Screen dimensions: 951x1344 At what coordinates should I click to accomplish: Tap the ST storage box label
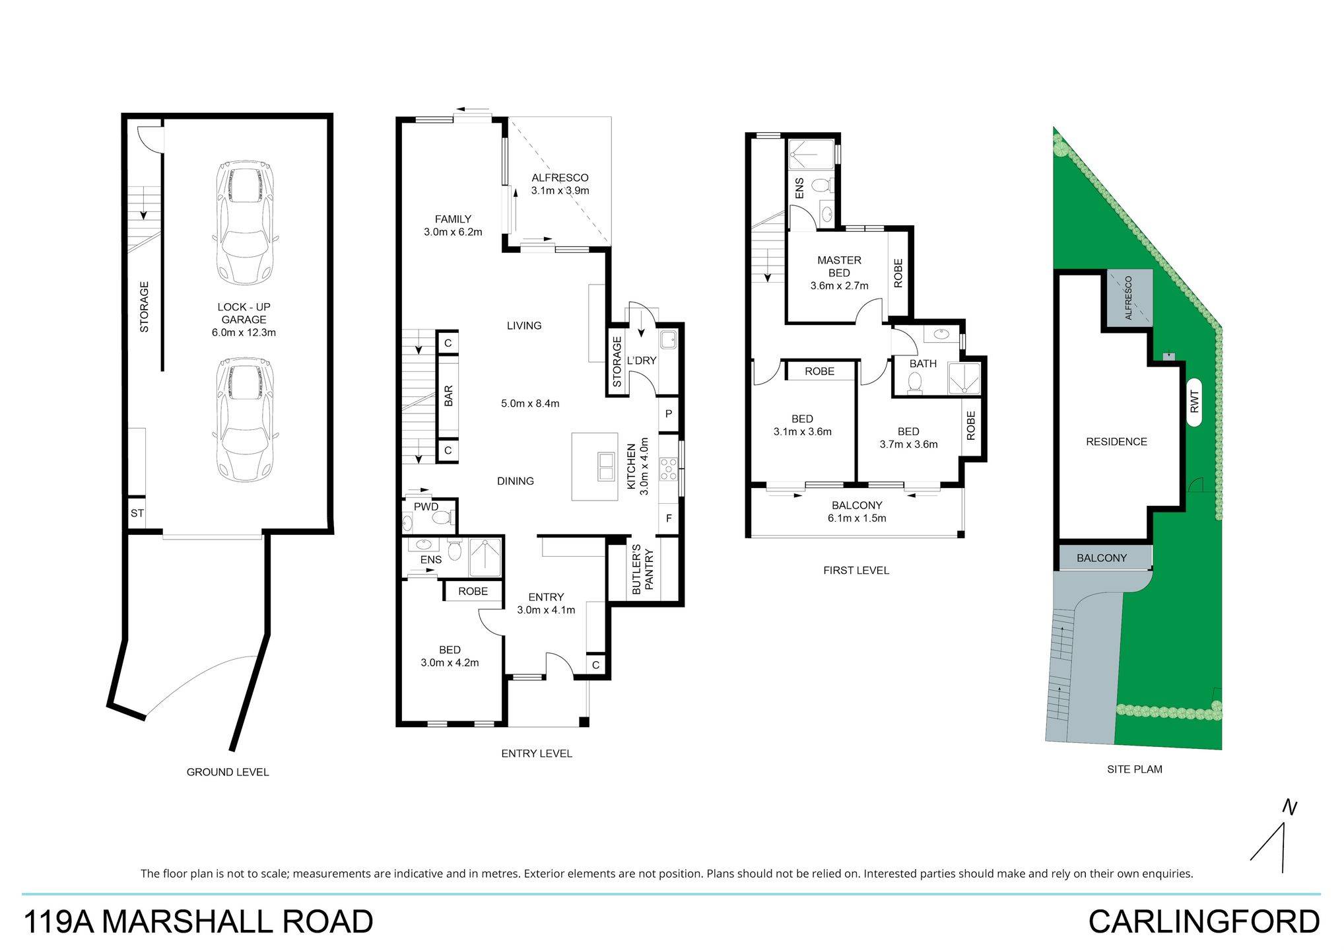click(x=137, y=513)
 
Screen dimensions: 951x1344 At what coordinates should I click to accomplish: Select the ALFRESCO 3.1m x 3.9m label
click(x=560, y=184)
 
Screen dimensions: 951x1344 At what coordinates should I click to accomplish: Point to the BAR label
click(x=449, y=396)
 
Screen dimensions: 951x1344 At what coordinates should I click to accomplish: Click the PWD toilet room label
click(x=426, y=507)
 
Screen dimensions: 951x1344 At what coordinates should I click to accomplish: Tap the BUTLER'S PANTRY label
click(x=642, y=570)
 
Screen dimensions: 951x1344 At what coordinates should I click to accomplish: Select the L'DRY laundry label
click(x=641, y=361)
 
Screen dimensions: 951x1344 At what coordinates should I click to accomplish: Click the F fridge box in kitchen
click(x=669, y=518)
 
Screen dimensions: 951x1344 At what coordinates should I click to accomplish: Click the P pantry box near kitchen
click(x=669, y=414)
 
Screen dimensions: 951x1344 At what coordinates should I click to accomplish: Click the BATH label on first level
click(x=923, y=364)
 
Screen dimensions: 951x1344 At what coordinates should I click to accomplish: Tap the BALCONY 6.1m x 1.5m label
click(x=857, y=512)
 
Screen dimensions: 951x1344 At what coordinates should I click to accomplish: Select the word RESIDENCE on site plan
click(x=1116, y=442)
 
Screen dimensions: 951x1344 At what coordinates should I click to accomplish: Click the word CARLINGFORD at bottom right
click(x=1204, y=922)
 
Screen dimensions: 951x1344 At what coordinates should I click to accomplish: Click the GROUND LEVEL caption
click(x=228, y=772)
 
